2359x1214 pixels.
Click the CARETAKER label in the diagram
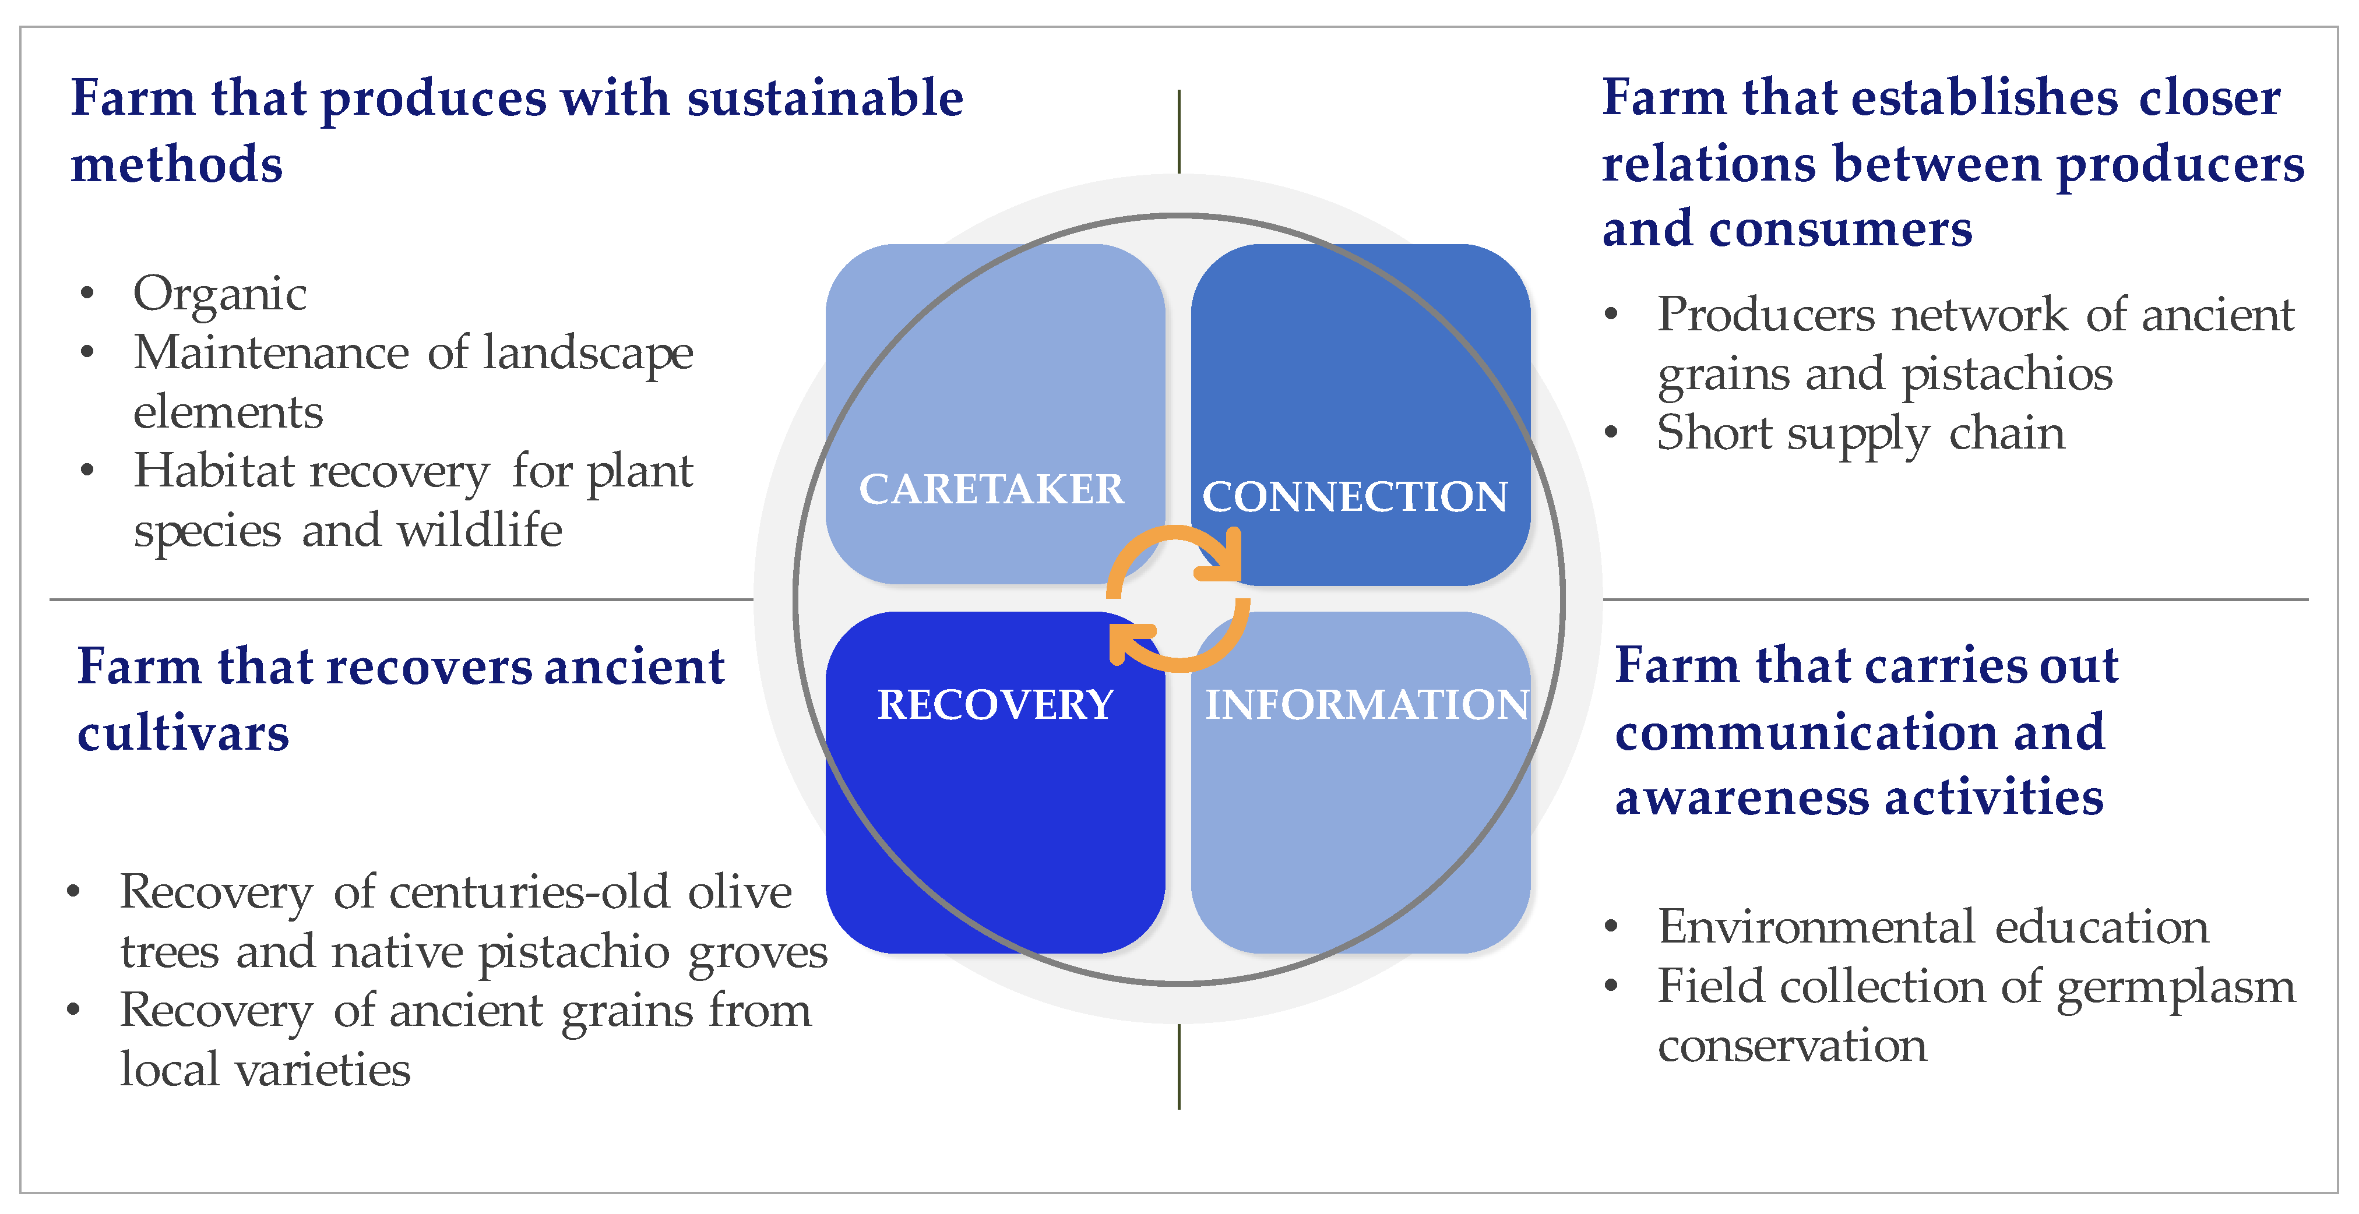tap(991, 489)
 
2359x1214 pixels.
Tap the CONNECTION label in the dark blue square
tap(1354, 497)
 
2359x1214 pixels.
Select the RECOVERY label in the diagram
tap(995, 705)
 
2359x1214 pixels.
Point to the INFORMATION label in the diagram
tap(1367, 705)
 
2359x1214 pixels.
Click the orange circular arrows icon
tap(1178, 598)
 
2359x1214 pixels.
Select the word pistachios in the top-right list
tap(2008, 375)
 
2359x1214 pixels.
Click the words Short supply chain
tap(1861, 433)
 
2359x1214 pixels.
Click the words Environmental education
tap(1933, 927)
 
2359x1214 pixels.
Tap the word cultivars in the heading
tap(183, 733)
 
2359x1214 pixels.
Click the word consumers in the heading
tap(1841, 229)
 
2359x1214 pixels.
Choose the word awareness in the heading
tap(1741, 797)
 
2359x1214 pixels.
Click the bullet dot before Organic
tap(87, 294)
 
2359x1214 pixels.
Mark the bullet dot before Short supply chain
tap(1612, 433)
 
